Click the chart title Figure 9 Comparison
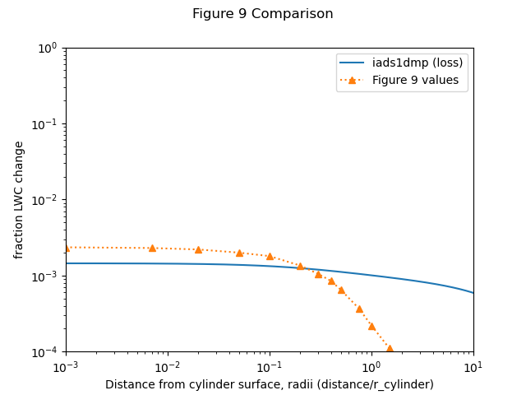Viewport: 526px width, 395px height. click(262, 14)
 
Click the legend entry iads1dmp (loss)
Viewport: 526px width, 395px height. click(418, 63)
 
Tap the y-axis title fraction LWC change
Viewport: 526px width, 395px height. click(19, 200)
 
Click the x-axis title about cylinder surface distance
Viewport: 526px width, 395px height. click(269, 384)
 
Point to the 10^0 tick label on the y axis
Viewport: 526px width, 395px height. click(48, 48)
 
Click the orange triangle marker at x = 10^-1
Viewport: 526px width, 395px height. click(270, 256)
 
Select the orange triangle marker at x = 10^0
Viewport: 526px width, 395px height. click(371, 326)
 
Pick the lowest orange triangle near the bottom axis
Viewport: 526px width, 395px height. click(390, 349)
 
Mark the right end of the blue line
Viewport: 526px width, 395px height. click(473, 292)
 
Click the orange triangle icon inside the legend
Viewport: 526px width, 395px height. click(352, 81)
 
